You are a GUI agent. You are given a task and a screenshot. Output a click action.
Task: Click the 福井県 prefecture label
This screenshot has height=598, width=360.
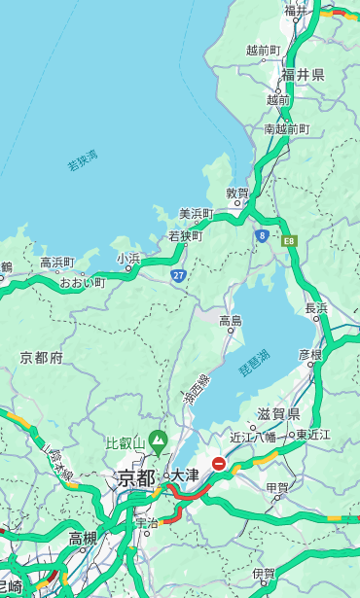click(x=303, y=75)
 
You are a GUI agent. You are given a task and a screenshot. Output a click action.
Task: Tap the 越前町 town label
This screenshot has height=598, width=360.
click(x=264, y=50)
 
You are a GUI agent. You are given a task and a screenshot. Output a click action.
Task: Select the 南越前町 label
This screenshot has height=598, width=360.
click(x=286, y=128)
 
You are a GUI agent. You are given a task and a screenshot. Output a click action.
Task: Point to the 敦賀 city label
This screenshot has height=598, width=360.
click(x=237, y=193)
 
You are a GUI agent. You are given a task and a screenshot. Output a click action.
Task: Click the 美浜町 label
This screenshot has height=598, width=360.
click(x=196, y=214)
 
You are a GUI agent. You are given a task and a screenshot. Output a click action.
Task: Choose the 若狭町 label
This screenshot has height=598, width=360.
click(x=185, y=235)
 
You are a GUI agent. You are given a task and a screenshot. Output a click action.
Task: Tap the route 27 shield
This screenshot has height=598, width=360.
click(x=179, y=276)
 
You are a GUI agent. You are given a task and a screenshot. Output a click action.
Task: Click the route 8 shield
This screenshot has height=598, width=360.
click(x=262, y=234)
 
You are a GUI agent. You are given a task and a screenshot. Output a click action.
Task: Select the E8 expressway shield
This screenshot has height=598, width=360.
click(x=289, y=239)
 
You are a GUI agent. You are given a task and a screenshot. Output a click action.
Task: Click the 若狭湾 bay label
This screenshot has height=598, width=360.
click(x=82, y=160)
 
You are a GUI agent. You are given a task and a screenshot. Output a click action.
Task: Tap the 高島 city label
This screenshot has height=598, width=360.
click(x=231, y=321)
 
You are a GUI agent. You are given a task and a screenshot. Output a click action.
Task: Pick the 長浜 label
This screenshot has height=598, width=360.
click(x=316, y=308)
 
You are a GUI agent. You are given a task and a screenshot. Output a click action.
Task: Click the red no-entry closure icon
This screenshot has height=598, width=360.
click(x=219, y=464)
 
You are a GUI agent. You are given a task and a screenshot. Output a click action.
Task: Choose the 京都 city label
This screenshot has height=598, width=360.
click(x=135, y=477)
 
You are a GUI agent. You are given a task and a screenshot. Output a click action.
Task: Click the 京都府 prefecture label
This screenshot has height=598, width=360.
click(x=42, y=358)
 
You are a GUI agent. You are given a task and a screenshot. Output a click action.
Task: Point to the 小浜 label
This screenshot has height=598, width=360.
click(x=128, y=259)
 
